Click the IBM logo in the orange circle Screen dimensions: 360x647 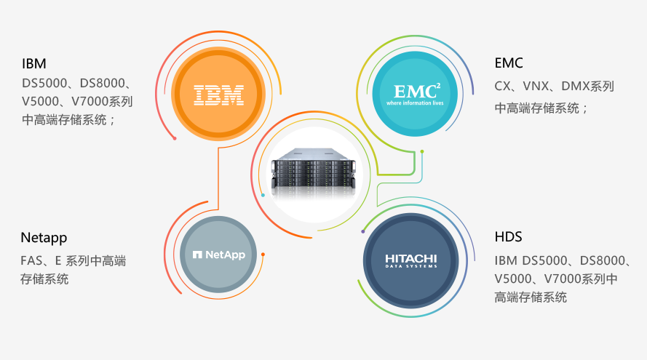(x=218, y=94)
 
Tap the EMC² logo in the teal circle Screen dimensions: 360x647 (x=416, y=92)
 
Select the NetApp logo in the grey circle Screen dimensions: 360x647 (x=218, y=255)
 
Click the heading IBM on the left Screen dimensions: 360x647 (x=34, y=64)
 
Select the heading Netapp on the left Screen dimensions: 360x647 (x=44, y=238)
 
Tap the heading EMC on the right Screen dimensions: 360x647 (x=508, y=63)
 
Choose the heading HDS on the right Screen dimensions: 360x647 (x=508, y=237)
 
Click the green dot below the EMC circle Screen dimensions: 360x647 (x=421, y=151)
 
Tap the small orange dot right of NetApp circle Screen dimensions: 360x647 (x=263, y=255)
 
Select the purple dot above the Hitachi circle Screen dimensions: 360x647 (x=362, y=231)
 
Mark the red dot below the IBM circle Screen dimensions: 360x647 (x=175, y=138)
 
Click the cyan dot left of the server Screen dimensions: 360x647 (x=263, y=195)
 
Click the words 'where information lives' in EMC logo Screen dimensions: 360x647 (x=416, y=103)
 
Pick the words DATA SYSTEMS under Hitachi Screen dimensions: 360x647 (x=411, y=267)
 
